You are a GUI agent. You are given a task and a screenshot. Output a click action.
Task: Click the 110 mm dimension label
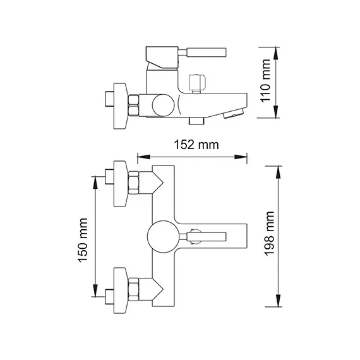tap(265, 81)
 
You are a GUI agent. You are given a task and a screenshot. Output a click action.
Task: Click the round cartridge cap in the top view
tap(161, 237)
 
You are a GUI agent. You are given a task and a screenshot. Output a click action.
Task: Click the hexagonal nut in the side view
tap(134, 105)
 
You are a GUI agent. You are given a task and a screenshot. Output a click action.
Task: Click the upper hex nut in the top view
tap(135, 183)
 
